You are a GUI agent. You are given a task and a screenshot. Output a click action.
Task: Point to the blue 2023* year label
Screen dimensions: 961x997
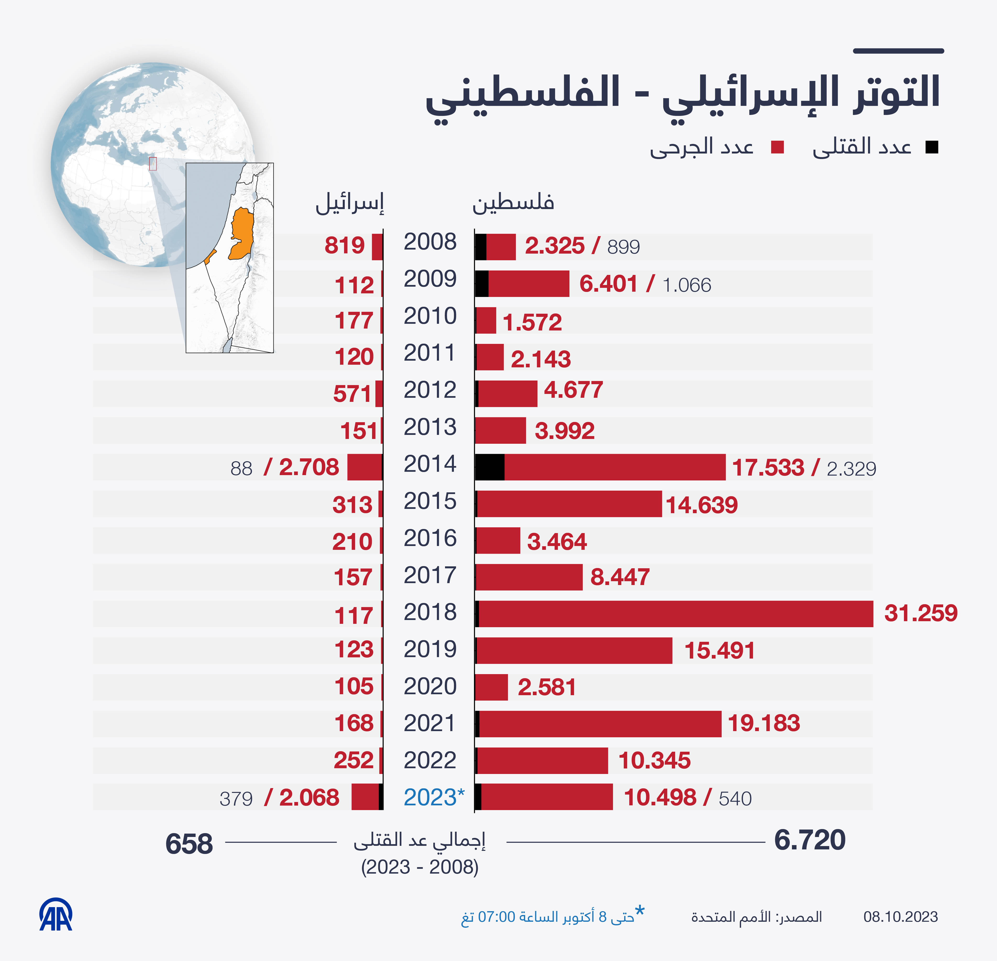click(433, 797)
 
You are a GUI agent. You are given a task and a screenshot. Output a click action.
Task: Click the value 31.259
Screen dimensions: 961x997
click(921, 613)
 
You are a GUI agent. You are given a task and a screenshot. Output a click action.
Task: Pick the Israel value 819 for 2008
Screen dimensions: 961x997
click(345, 246)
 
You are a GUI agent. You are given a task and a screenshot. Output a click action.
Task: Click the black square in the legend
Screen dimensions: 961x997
click(932, 148)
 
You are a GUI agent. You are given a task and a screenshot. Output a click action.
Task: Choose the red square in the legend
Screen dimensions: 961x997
click(777, 148)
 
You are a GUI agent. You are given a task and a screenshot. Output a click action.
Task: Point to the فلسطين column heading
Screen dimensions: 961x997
click(513, 203)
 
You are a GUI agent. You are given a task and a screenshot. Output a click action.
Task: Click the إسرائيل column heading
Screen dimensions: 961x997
click(350, 204)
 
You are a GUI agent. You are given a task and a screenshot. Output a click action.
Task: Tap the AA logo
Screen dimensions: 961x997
click(56, 915)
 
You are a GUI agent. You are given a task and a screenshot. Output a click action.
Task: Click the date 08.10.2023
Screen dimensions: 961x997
click(900, 917)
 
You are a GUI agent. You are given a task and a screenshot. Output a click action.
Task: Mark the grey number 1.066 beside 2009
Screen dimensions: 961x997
click(687, 285)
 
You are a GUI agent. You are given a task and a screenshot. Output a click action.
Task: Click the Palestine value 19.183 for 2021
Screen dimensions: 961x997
click(763, 723)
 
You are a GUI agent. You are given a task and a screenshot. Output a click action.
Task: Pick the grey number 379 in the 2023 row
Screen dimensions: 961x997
click(236, 799)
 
